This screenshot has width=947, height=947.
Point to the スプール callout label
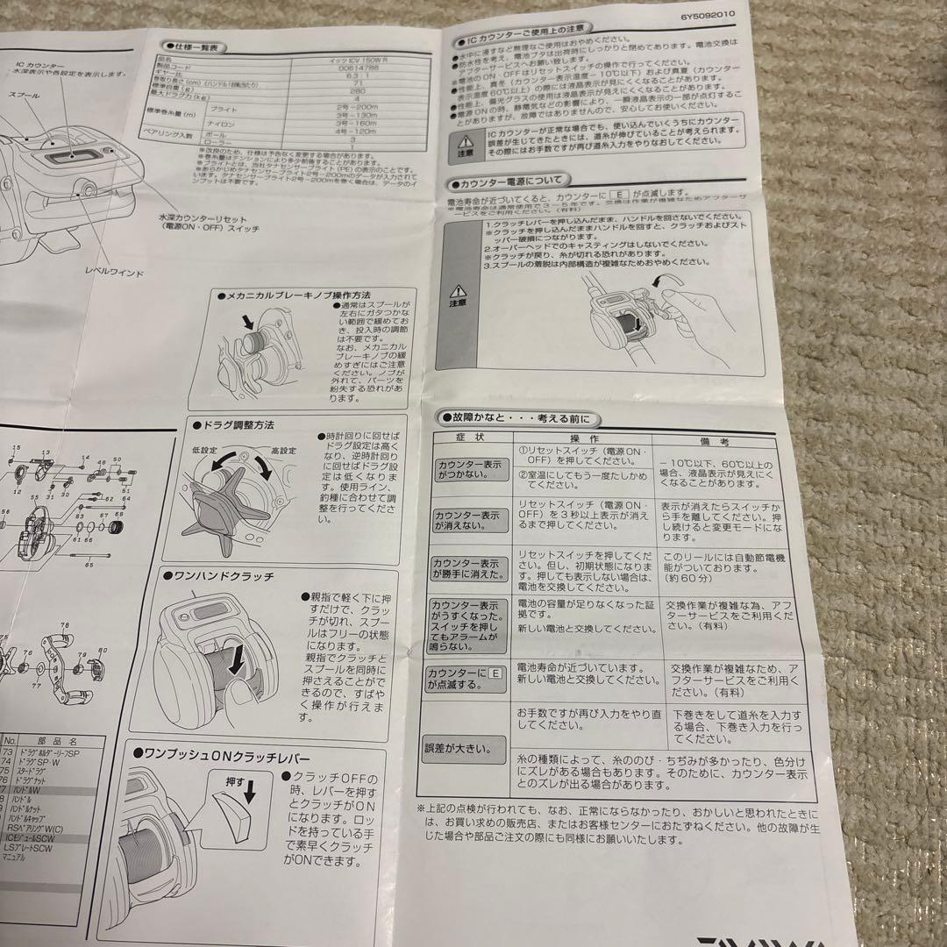click(x=23, y=92)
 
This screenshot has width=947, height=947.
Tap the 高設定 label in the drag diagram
click(x=283, y=450)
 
